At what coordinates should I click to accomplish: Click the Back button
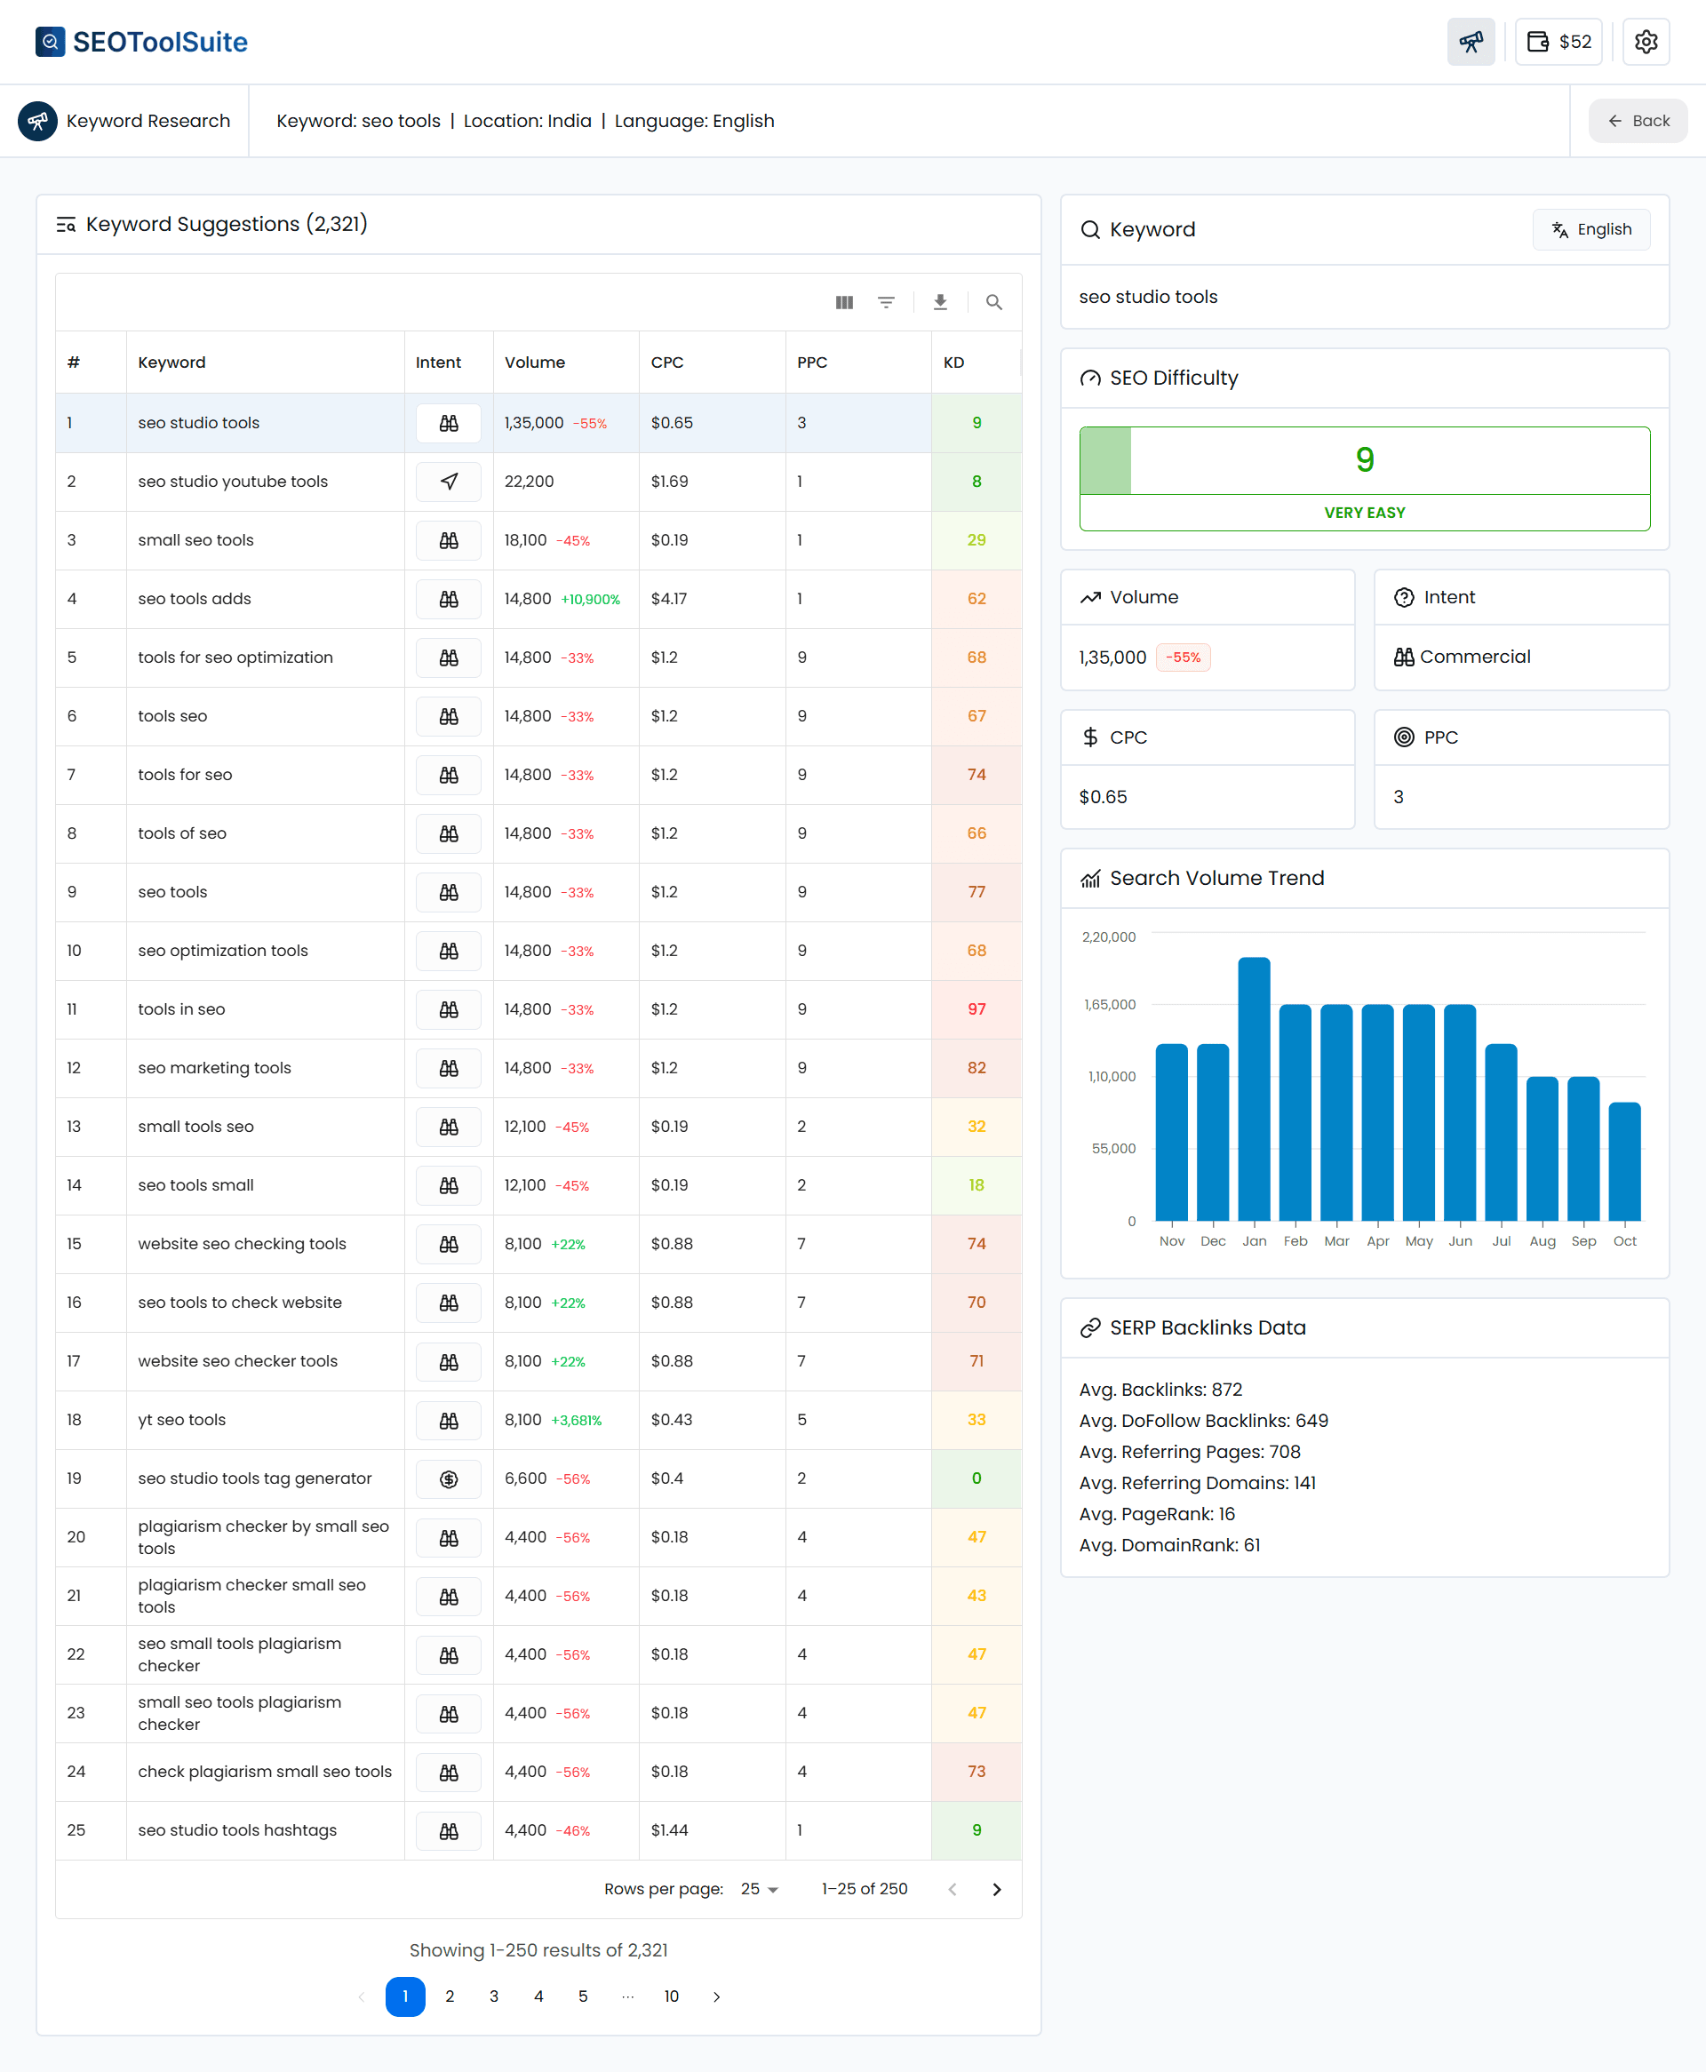[x=1638, y=121]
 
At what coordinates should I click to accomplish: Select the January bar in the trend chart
[x=1253, y=1088]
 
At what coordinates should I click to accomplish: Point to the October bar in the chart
[x=1623, y=1161]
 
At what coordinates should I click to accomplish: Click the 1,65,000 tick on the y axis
[x=1110, y=1004]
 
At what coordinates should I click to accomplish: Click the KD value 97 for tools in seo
[x=976, y=1009]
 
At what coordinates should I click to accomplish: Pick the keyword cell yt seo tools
[x=182, y=1420]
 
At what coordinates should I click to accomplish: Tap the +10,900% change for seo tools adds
[x=590, y=599]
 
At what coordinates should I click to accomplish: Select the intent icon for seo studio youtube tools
[x=448, y=482]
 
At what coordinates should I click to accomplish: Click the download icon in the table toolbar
[x=939, y=303]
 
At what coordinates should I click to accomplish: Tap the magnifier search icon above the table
[x=993, y=303]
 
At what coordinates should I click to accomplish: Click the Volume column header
[x=535, y=363]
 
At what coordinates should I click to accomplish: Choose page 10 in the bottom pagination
[x=671, y=1996]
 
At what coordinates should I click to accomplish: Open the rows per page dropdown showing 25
[x=759, y=1889]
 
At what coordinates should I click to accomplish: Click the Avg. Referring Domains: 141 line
[x=1197, y=1483]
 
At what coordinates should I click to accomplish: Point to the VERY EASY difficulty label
[x=1364, y=513]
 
